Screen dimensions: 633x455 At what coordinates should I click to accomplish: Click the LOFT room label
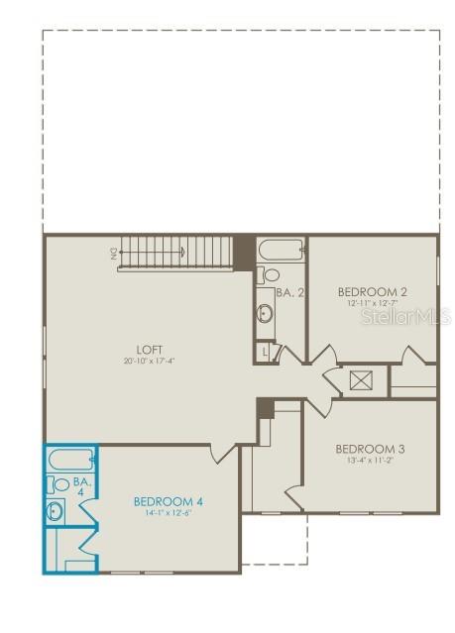(150, 349)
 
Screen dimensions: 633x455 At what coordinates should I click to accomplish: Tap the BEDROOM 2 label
(373, 291)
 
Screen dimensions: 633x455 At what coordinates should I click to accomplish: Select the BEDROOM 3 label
(370, 448)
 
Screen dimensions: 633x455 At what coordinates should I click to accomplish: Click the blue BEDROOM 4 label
(169, 501)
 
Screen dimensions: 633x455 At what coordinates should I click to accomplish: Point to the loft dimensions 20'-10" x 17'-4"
(150, 361)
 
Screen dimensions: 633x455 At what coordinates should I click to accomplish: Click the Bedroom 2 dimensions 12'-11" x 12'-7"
(373, 303)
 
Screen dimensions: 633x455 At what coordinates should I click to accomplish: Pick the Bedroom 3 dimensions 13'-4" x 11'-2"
(370, 460)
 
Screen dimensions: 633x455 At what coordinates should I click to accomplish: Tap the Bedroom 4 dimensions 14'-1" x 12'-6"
(169, 513)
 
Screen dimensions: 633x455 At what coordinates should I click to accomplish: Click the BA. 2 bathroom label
(288, 292)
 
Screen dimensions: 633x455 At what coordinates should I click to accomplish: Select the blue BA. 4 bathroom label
(82, 486)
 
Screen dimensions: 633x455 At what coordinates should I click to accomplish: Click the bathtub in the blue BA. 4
(69, 460)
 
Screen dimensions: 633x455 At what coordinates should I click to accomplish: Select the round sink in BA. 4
(56, 511)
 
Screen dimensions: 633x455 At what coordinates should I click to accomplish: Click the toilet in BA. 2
(268, 274)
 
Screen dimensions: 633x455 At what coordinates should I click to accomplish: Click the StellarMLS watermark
(405, 317)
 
